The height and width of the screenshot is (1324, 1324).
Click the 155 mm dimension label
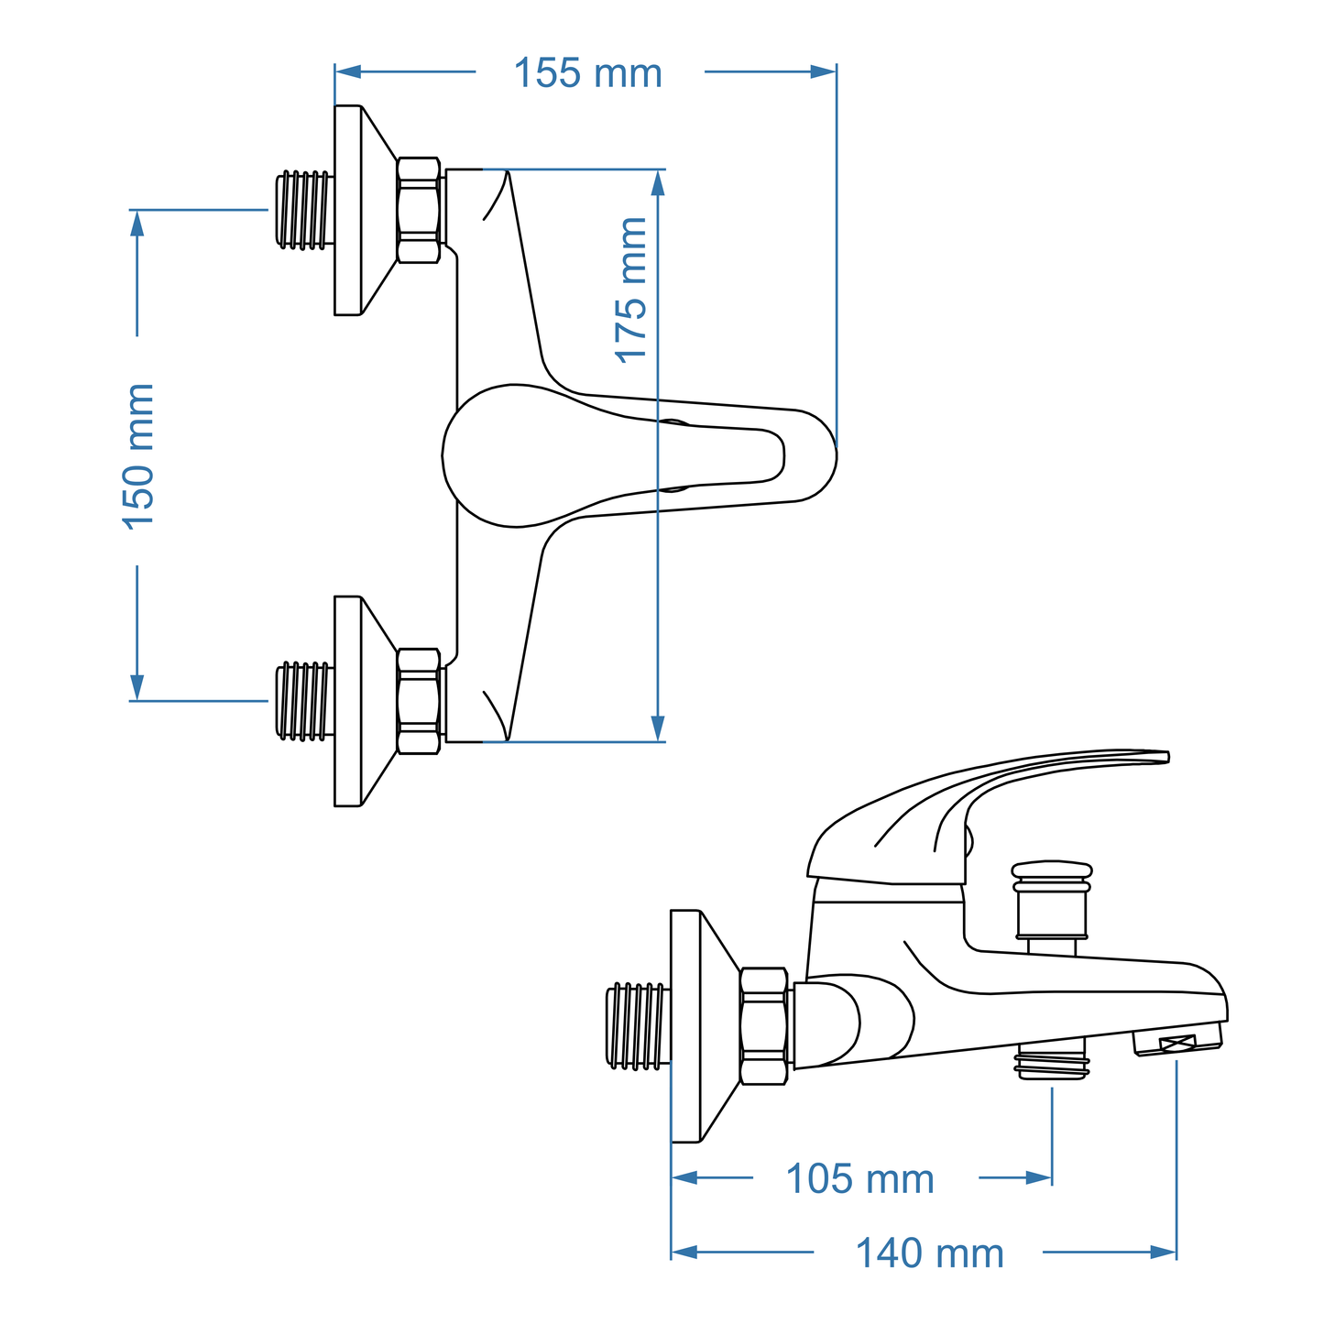tap(587, 73)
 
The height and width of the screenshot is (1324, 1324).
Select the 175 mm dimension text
tap(631, 290)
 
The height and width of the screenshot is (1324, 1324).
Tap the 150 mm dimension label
tap(138, 455)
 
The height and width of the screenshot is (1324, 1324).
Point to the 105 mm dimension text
tap(859, 1179)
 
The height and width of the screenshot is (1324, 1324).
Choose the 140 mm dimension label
tap(929, 1253)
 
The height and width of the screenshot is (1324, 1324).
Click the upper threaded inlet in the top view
tap(303, 209)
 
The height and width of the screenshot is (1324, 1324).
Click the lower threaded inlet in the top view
tap(303, 701)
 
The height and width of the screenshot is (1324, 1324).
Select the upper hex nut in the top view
tap(419, 211)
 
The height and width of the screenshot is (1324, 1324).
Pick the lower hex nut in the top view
tap(419, 702)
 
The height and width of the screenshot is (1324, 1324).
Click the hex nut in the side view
tap(763, 1026)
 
